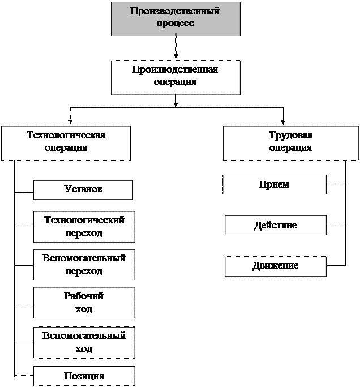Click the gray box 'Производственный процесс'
[175, 18]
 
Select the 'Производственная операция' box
[175, 77]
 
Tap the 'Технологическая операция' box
[66, 143]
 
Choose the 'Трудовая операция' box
[290, 143]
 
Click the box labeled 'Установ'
[83, 190]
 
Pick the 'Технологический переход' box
[84, 227]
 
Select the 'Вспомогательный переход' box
[84, 265]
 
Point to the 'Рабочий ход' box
[84, 303]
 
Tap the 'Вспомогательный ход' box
[84, 342]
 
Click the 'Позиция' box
[84, 376]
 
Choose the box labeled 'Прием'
[275, 185]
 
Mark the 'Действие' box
[276, 226]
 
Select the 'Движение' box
[276, 266]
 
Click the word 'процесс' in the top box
[175, 23]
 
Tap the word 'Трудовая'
[290, 136]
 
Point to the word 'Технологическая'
[66, 135]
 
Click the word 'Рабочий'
[84, 296]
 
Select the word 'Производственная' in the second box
[175, 70]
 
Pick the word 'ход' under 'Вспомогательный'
[84, 348]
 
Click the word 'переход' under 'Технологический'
[84, 233]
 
